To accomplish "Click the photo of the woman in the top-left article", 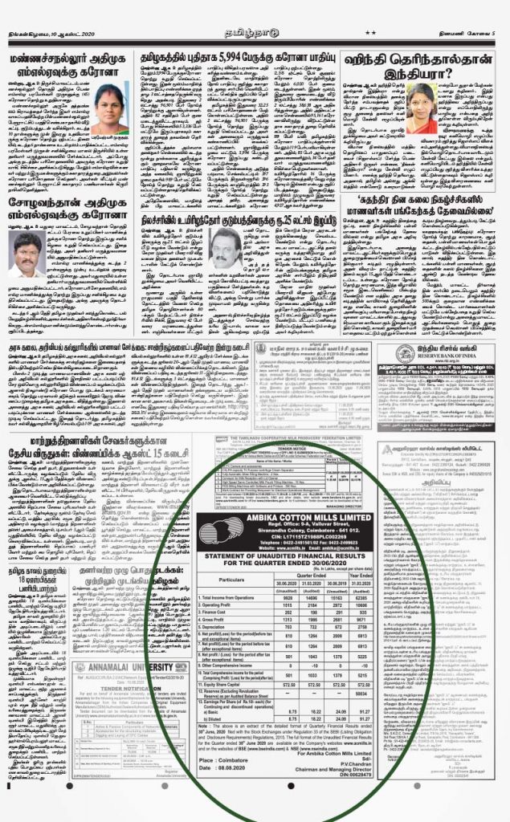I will [110, 108].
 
